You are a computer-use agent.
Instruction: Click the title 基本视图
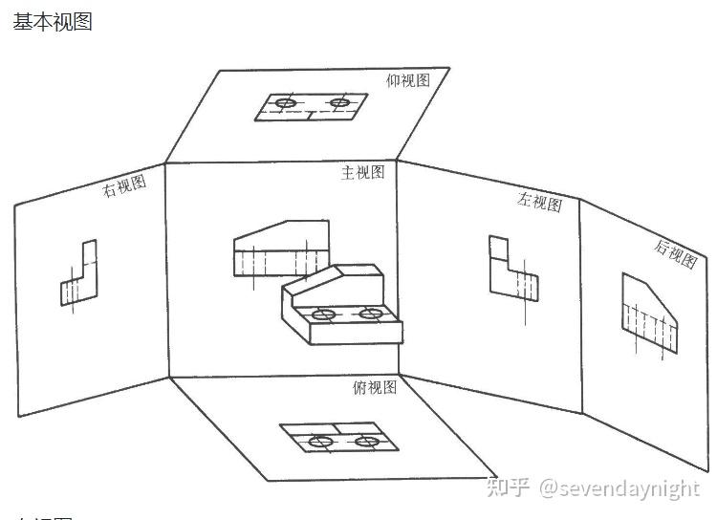click(x=53, y=21)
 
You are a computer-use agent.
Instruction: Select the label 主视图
click(x=363, y=172)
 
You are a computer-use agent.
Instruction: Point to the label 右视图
click(x=125, y=185)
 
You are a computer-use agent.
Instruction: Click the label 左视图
click(x=539, y=203)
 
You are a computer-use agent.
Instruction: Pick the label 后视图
click(x=675, y=254)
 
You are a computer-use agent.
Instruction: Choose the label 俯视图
click(x=375, y=386)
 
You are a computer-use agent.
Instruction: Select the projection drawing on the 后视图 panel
click(x=651, y=314)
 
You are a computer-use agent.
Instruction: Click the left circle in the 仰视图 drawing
click(x=284, y=103)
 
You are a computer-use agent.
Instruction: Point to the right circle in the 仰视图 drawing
click(x=338, y=102)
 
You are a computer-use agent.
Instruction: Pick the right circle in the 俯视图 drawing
click(x=364, y=441)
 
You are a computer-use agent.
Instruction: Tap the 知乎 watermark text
click(x=508, y=488)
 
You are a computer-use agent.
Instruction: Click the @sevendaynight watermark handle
click(x=619, y=488)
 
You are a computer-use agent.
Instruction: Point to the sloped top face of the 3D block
click(x=320, y=285)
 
